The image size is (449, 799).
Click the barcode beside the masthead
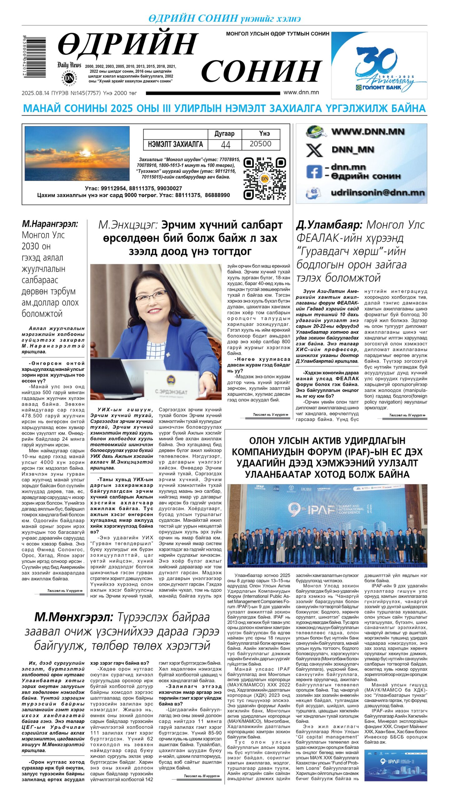click(34, 57)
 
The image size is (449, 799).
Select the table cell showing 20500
click(260, 144)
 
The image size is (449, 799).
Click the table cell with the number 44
click(225, 145)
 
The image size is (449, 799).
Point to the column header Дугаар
click(224, 134)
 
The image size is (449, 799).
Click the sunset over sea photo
click(77, 153)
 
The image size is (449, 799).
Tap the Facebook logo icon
click(314, 172)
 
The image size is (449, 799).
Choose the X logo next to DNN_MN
click(314, 150)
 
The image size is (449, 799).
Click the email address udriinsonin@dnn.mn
click(377, 193)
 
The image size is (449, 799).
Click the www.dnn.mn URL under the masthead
click(301, 92)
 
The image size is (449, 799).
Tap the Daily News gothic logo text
click(69, 65)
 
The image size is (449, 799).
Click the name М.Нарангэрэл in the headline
click(50, 224)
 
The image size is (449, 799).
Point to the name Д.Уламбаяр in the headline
click(329, 225)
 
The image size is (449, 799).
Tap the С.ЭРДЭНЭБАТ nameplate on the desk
click(171, 391)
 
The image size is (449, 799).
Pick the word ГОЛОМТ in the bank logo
click(373, 87)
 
